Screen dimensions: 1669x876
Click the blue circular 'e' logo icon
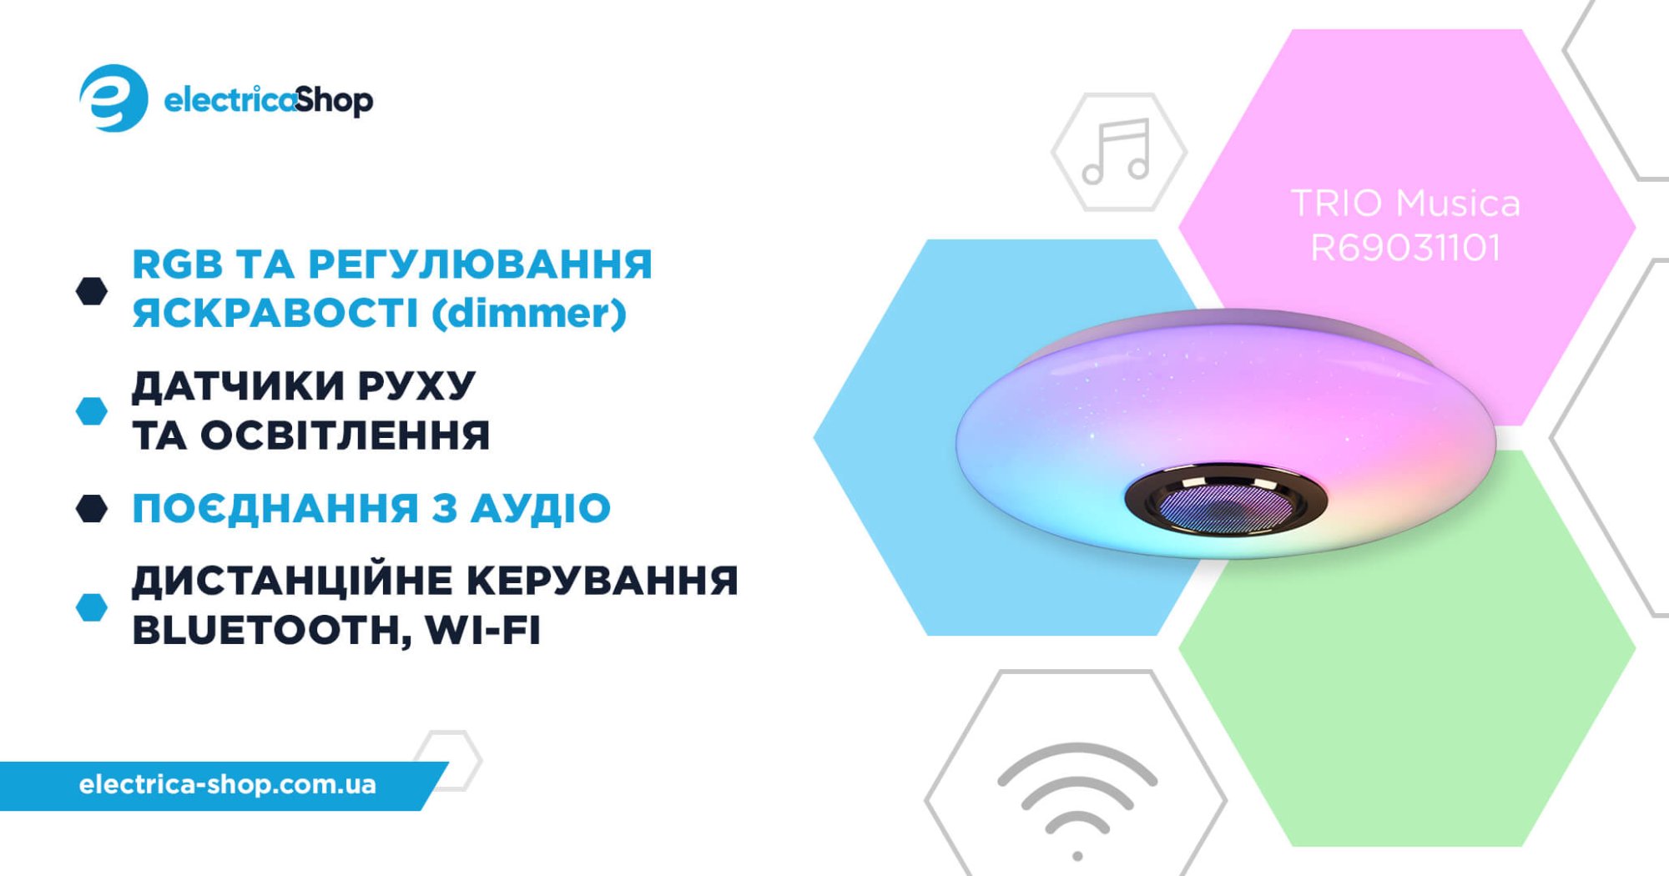113,98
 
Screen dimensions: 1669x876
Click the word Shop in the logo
334,101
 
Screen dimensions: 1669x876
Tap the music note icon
1117,151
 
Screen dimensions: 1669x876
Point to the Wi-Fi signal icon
1077,801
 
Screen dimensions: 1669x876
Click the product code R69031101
1406,248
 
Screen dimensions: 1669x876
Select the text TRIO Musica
1406,203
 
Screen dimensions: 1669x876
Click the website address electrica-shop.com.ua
228,784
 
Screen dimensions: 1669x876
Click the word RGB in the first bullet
177,264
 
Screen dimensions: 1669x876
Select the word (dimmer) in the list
529,314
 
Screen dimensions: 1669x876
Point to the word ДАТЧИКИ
238,387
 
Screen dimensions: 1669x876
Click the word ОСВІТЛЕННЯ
345,435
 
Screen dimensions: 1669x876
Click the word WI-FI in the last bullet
483,630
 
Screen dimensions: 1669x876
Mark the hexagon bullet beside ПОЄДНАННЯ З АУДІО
92,508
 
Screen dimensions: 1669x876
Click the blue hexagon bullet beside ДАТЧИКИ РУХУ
92,410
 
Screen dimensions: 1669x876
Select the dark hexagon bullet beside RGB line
92,291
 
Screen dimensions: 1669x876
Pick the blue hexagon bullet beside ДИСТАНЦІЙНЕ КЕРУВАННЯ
92,607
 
